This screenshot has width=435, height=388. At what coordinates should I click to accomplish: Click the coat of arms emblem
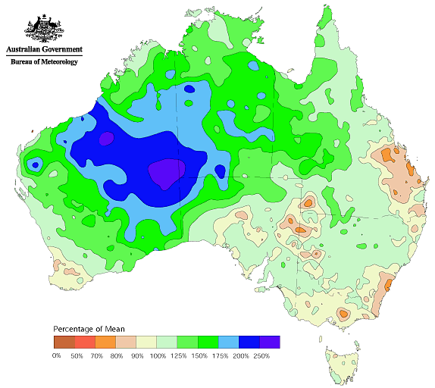point(44,28)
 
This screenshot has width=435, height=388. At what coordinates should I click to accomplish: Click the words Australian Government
point(44,49)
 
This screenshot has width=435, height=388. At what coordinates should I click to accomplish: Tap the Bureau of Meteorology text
point(44,62)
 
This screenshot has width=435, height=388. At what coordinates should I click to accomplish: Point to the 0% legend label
point(56,355)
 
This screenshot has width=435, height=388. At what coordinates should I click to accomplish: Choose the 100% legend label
point(158,355)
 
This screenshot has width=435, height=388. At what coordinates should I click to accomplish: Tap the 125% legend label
point(178,355)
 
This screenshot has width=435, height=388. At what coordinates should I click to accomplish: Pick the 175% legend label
point(219,355)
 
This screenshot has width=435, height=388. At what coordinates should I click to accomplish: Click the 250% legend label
point(260,355)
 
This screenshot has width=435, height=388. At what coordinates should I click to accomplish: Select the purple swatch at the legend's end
point(270,342)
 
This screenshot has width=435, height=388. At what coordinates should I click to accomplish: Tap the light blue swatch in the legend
point(229,342)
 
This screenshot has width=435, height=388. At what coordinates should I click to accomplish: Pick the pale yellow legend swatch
point(147,342)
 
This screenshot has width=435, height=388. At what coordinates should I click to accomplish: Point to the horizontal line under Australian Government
point(44,55)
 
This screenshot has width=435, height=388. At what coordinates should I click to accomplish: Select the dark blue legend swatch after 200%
point(249,342)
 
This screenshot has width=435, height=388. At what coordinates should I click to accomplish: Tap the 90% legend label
point(136,355)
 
